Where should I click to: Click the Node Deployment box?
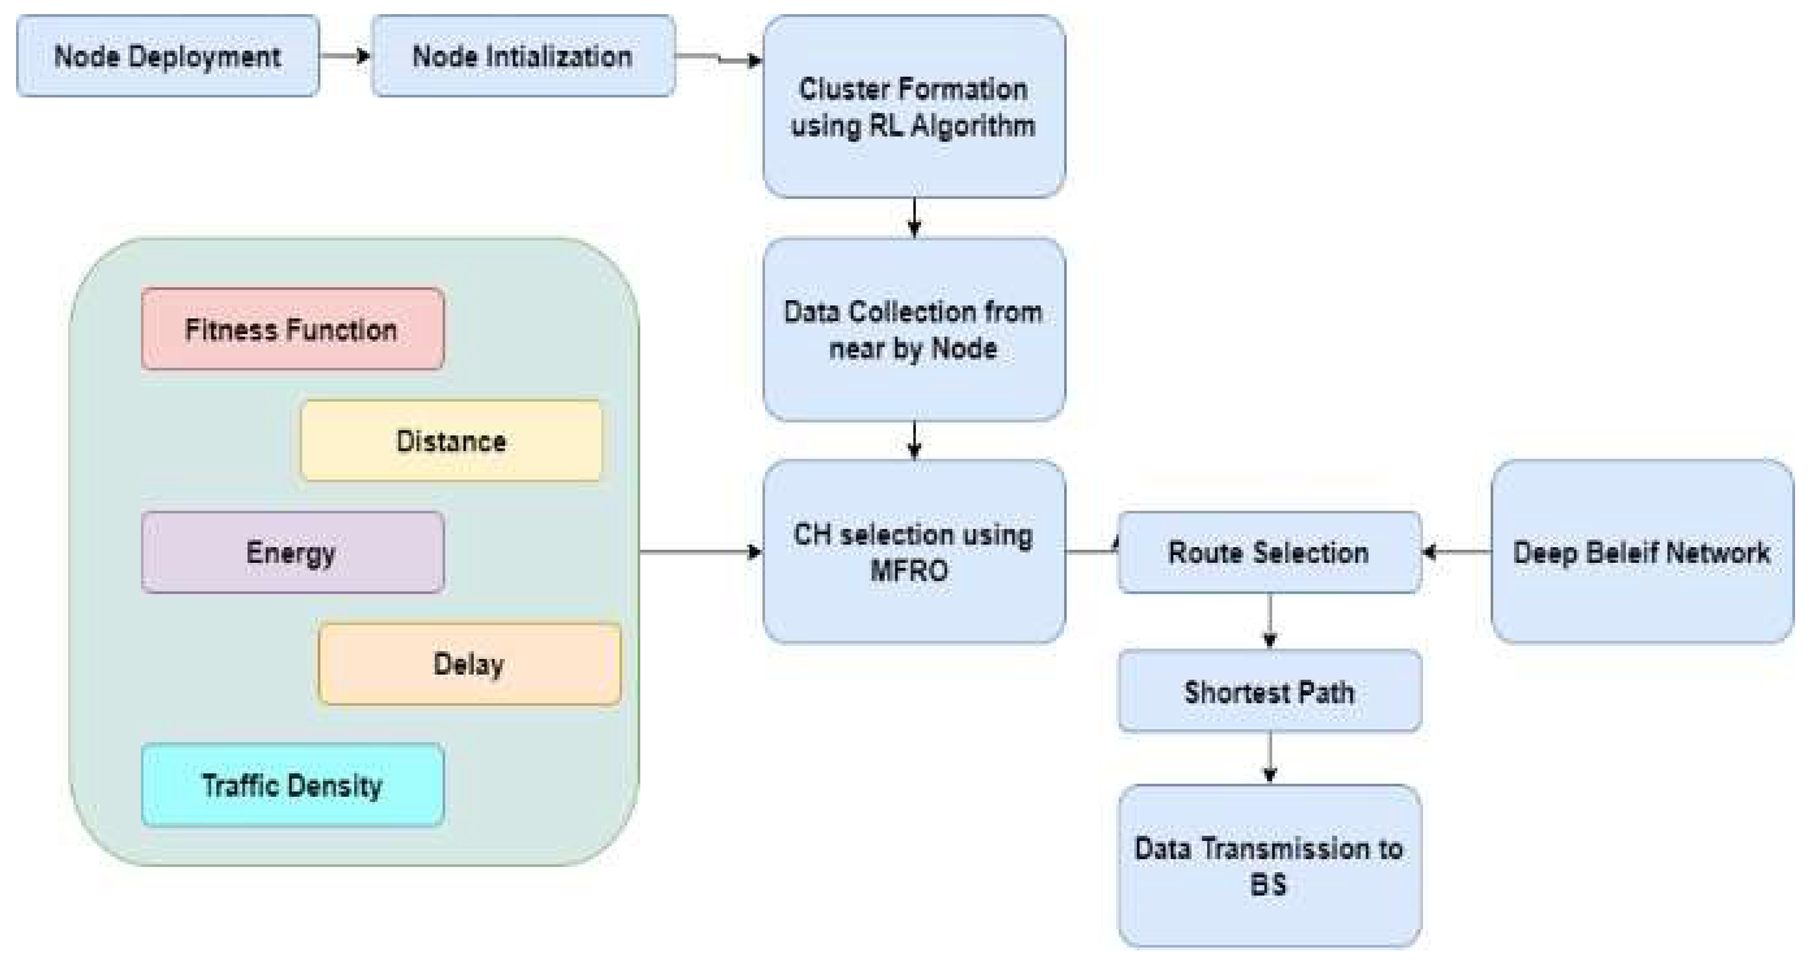pos(168,56)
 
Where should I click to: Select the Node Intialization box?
pos(523,56)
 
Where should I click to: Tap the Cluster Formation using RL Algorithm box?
pos(913,107)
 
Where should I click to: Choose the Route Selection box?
pos(1269,553)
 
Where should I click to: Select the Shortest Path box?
pos(1269,691)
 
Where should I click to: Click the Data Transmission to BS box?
pos(1269,866)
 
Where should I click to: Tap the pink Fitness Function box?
pos(292,329)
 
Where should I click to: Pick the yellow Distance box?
pos(451,441)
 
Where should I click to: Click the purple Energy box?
pos(292,553)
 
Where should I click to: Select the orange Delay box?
pos(469,664)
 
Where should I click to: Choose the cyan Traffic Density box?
pos(292,785)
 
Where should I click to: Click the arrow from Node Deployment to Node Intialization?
pos(345,56)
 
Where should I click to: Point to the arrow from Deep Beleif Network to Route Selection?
pos(1457,552)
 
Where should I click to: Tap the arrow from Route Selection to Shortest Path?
pos(1270,621)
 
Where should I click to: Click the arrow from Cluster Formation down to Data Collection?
pos(914,217)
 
